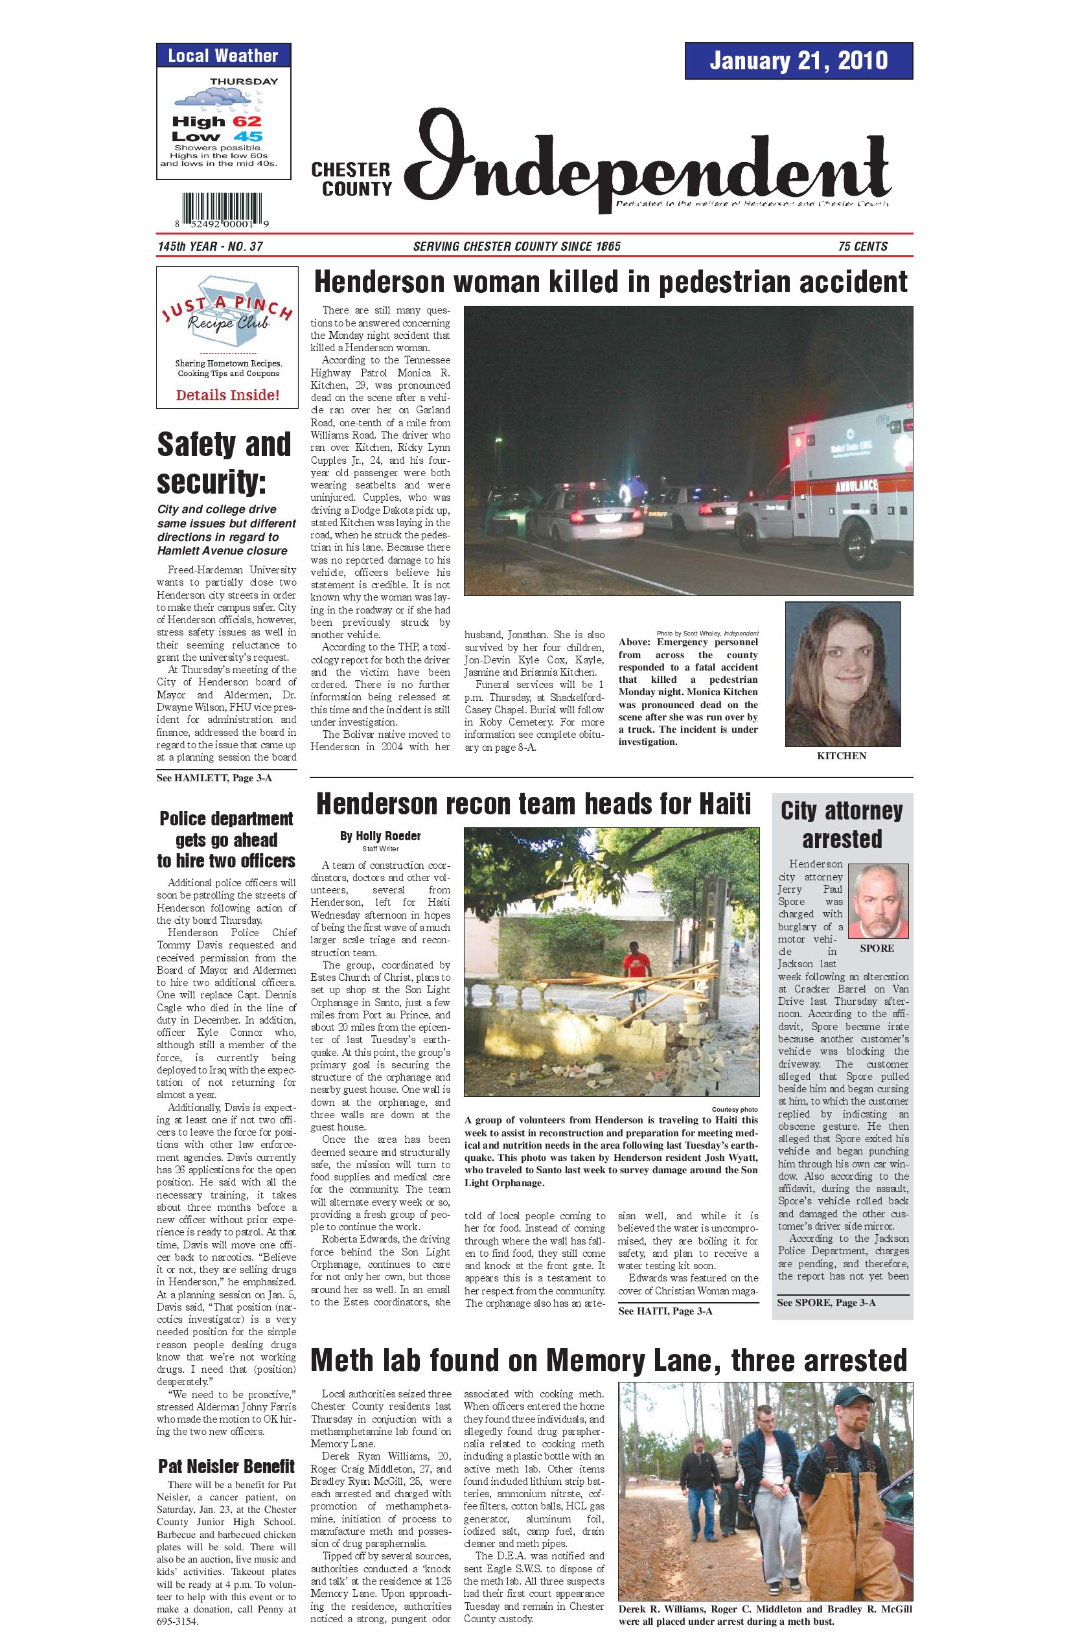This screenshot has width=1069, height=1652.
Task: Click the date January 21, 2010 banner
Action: click(798, 60)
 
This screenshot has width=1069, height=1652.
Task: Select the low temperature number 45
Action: click(247, 137)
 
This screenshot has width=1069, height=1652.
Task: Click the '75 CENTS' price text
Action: click(862, 246)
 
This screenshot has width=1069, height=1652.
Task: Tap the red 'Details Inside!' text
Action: click(227, 396)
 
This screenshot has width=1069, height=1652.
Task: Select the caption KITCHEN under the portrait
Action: click(842, 756)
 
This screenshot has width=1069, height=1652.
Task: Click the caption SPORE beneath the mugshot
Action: click(877, 948)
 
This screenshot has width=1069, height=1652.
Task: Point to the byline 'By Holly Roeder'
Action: click(380, 836)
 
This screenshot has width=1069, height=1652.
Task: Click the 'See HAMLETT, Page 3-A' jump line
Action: click(214, 778)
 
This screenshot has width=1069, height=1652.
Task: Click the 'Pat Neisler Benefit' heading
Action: click(226, 1467)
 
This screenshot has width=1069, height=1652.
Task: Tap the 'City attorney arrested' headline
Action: click(842, 824)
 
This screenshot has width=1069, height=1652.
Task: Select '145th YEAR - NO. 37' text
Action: click(210, 246)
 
